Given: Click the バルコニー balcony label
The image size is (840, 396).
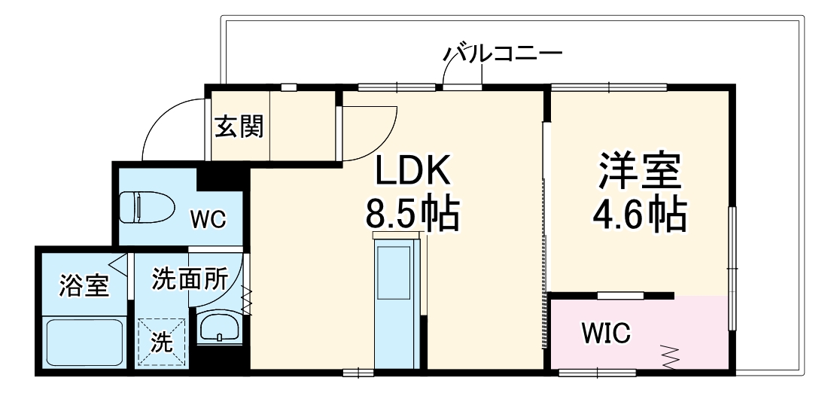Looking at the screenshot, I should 502,54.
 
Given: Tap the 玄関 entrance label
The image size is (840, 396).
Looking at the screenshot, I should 240,126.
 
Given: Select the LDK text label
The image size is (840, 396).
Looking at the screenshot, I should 412,172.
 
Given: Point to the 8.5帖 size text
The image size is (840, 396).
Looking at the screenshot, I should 412,213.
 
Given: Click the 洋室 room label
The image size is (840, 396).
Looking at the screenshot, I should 640,172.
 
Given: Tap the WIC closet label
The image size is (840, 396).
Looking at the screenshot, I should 606,332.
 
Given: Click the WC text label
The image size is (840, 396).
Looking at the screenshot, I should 208,219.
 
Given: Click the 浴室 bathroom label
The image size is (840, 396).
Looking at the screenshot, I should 84,286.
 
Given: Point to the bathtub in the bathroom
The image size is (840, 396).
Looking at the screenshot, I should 84,342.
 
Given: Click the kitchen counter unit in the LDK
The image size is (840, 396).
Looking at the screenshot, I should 397,301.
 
